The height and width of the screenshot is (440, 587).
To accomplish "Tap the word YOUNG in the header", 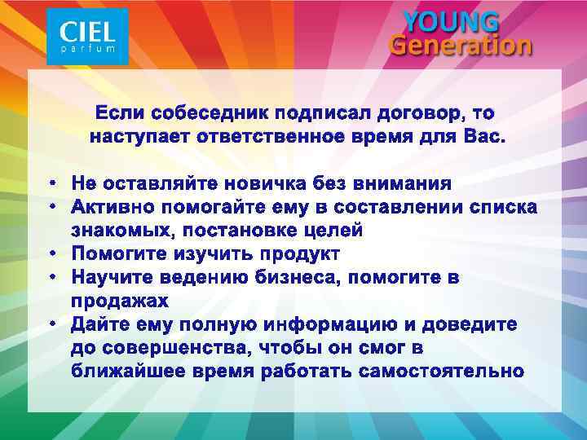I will tap(452, 21).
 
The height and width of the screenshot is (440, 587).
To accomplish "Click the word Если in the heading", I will tap(120, 112).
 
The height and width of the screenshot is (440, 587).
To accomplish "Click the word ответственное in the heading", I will tap(265, 136).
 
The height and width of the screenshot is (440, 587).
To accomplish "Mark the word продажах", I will tap(121, 301).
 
